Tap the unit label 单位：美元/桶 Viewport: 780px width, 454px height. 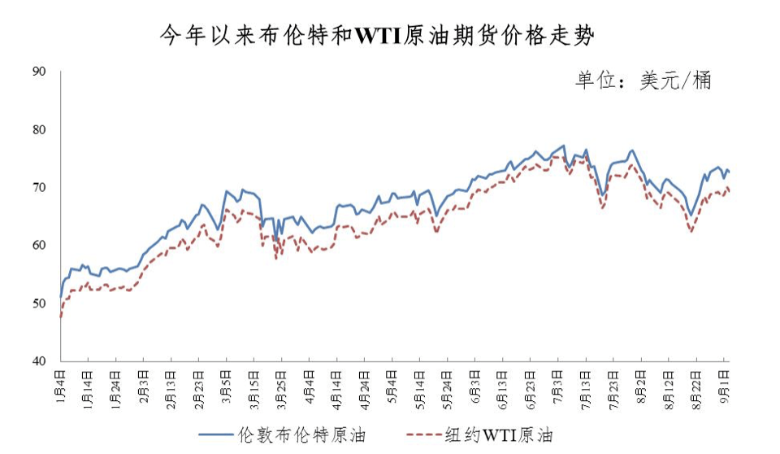pyautogui.click(x=643, y=81)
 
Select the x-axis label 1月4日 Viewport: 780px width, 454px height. pyautogui.click(x=60, y=385)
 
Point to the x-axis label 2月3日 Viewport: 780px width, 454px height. pyautogui.click(x=143, y=385)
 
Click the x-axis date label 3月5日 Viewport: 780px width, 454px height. pyautogui.click(x=226, y=385)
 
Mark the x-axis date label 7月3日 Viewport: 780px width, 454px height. pyautogui.click(x=558, y=385)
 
